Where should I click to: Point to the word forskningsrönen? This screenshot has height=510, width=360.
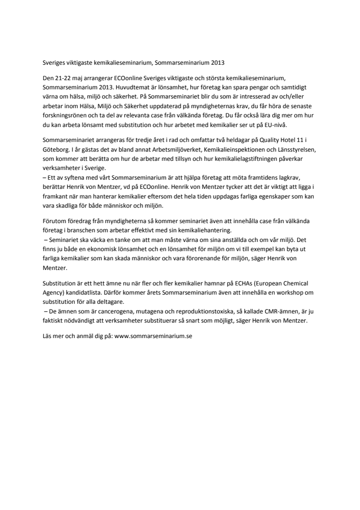(x=60, y=116)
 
